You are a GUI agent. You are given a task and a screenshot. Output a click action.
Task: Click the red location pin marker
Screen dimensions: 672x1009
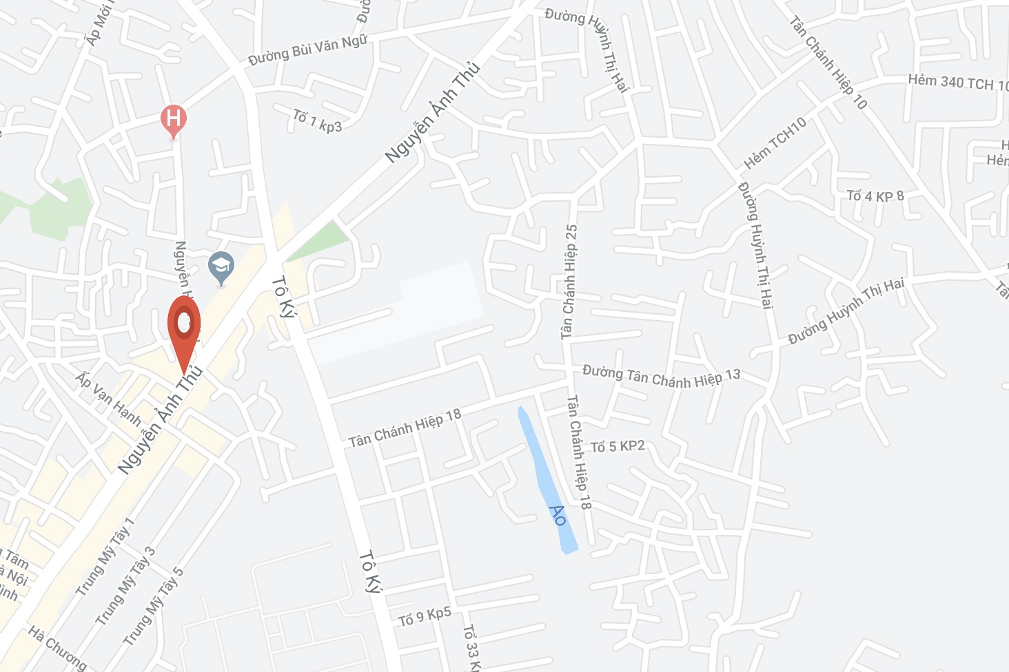[184, 326]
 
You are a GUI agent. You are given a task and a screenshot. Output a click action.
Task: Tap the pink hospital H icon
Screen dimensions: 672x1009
[174, 118]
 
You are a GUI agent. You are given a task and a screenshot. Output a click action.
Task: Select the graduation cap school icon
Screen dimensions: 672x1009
[221, 266]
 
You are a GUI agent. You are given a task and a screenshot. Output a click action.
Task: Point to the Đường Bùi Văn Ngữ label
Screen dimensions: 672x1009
[307, 50]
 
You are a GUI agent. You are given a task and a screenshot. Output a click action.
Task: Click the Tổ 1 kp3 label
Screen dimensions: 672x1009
[317, 120]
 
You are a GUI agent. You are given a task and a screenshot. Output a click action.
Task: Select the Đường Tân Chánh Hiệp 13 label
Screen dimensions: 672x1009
[661, 377]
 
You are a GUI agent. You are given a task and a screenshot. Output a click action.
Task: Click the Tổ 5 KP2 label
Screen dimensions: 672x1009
[618, 446]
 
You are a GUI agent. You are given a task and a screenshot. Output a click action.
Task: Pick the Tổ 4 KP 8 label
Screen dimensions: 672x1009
[875, 196]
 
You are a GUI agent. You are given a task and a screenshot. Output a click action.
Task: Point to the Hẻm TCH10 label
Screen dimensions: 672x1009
[775, 143]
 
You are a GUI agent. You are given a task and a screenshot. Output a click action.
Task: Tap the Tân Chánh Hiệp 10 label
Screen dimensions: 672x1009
[828, 62]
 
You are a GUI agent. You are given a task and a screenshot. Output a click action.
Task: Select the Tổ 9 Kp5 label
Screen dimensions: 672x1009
[425, 616]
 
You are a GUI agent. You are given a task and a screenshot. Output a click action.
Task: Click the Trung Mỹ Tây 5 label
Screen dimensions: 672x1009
[154, 606]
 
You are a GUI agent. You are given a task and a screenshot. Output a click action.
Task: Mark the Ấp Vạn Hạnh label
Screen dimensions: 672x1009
[109, 399]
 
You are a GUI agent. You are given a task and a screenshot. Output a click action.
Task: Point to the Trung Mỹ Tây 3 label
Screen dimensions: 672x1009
[126, 586]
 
